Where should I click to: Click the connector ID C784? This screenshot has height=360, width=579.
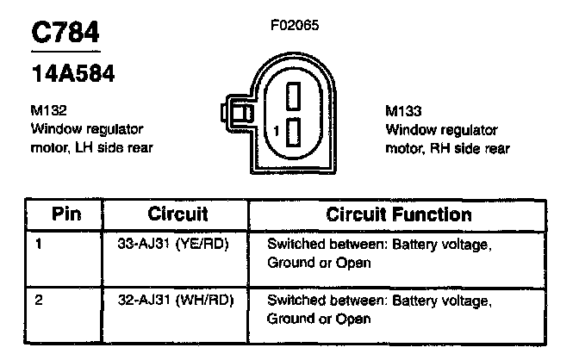pyautogui.click(x=65, y=32)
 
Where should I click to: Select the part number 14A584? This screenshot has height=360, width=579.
pyautogui.click(x=73, y=72)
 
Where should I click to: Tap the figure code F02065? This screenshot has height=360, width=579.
pyautogui.click(x=295, y=25)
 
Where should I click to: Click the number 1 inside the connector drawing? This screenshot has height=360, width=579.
pyautogui.click(x=274, y=131)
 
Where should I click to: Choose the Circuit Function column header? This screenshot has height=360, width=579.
pyautogui.click(x=399, y=214)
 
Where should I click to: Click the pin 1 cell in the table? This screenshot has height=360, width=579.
pyautogui.click(x=39, y=244)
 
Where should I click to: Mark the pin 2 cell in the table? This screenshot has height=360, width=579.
pyautogui.click(x=39, y=301)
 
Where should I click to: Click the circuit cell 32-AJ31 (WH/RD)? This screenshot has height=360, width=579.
pyautogui.click(x=175, y=301)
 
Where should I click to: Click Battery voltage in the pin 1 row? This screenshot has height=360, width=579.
pyautogui.click(x=442, y=244)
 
